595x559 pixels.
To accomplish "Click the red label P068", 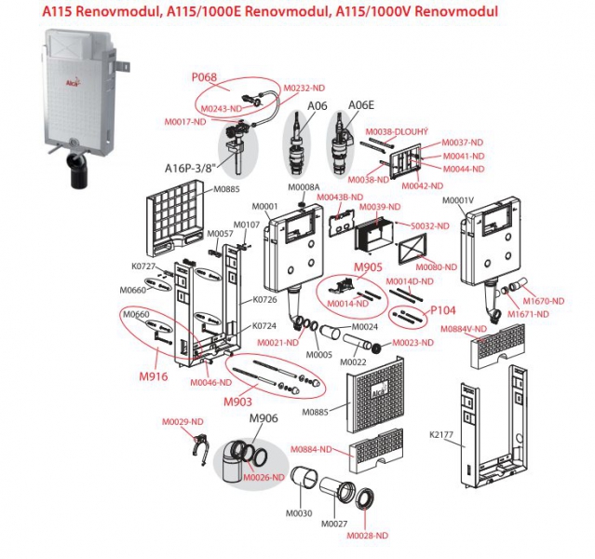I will (204, 77).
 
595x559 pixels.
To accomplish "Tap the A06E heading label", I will (359, 105).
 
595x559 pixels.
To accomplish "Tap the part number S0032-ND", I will (429, 225).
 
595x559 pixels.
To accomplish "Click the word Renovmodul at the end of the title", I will (459, 12).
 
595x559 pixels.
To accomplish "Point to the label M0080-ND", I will (438, 266).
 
